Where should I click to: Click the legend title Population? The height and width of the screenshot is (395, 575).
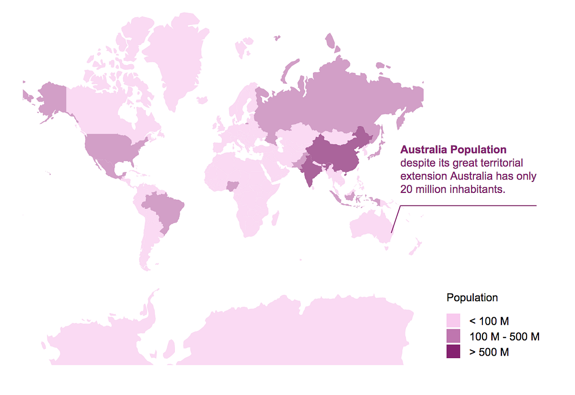(472, 297)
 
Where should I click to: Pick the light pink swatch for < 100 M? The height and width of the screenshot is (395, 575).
(453, 321)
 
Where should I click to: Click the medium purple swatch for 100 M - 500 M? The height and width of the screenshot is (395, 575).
(453, 336)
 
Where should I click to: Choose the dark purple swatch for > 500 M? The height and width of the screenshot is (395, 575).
(453, 351)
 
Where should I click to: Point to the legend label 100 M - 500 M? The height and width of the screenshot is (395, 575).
(505, 337)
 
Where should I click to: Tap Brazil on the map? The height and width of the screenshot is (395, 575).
(165, 211)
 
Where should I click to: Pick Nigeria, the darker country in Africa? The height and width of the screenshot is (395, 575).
(233, 185)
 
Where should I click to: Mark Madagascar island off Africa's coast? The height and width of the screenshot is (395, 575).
(276, 219)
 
